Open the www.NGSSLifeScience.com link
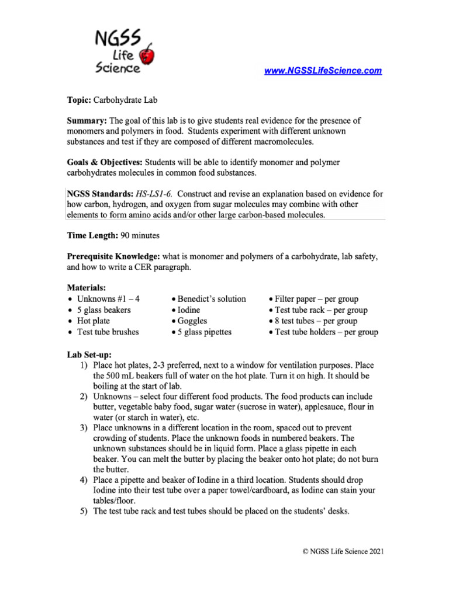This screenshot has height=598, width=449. coord(323,71)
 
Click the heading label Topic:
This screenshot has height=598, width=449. coord(80,100)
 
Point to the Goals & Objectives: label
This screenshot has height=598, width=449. coord(105,162)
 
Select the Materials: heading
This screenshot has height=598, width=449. coord(87,288)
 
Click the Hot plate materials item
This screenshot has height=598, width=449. coord(94,321)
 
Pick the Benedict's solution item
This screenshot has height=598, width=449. coord(212,299)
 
